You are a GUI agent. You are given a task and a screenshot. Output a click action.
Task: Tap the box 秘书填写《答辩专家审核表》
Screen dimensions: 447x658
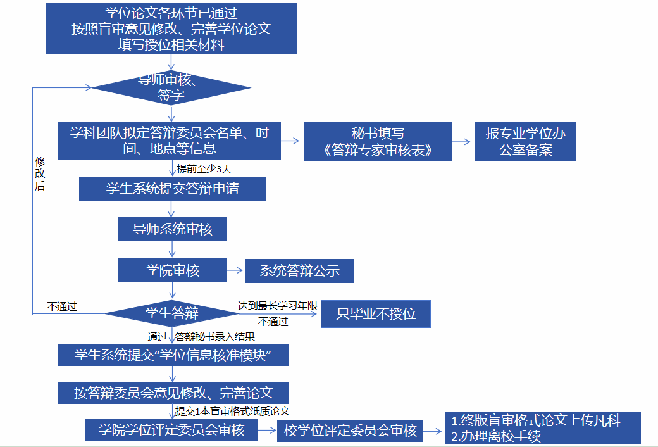pos(378,141)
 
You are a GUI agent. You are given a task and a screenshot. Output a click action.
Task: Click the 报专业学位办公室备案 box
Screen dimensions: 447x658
pos(525,142)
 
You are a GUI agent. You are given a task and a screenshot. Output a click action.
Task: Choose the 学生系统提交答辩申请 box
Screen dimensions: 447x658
pos(172,189)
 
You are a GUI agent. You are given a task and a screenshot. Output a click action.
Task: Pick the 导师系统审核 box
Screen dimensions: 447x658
pos(172,229)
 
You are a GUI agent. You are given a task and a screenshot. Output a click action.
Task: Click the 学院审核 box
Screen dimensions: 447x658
pos(172,271)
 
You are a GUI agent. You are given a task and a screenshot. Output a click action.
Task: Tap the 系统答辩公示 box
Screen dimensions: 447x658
pos(300,271)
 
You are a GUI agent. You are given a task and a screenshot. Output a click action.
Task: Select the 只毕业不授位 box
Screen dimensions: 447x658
pos(376,313)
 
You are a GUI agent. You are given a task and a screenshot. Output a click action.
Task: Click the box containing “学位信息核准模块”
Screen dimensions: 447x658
pos(173,355)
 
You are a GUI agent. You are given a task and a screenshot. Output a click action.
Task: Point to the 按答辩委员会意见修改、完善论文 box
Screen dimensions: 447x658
pos(173,393)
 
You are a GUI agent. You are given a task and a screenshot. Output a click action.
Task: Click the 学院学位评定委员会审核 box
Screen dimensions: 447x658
pos(171,431)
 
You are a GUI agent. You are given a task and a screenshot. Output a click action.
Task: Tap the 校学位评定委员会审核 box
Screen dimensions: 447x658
pos(351,431)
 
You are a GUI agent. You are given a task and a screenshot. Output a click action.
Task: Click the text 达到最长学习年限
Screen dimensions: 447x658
pos(277,305)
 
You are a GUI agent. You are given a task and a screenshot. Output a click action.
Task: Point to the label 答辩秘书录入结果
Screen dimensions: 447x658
pos(215,337)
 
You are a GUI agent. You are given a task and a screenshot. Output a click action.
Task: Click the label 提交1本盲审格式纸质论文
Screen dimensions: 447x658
pos(232,411)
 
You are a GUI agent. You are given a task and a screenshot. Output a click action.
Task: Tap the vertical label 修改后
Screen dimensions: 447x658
pos(40,174)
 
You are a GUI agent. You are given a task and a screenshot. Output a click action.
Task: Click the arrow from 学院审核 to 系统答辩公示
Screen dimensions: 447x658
pos(235,271)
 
